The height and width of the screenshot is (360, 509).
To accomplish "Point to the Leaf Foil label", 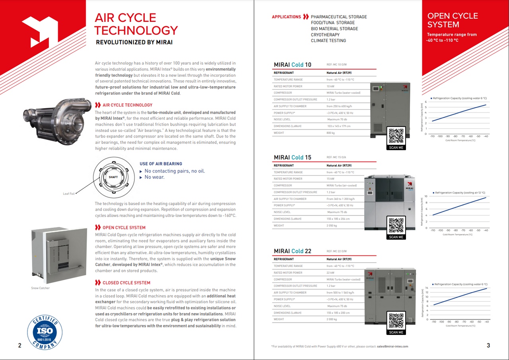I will (x=69, y=194).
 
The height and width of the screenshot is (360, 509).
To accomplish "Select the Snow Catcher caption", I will (x=41, y=288).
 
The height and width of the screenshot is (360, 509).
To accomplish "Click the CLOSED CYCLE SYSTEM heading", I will (x=126, y=283).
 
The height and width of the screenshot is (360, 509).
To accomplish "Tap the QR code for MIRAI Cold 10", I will (x=396, y=136).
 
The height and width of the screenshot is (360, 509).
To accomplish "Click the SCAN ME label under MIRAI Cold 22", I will (x=396, y=332).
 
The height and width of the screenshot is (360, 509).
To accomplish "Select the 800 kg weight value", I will (x=331, y=133).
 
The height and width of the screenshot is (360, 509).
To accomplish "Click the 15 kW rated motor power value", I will (x=331, y=179).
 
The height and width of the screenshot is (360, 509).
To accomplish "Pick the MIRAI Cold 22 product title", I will (x=292, y=251).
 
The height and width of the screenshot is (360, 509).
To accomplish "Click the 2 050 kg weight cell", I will (x=332, y=226).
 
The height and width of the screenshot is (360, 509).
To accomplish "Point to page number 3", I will (x=488, y=346).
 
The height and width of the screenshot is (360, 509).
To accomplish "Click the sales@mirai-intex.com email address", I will (x=392, y=346).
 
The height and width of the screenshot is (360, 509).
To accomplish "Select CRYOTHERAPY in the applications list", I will (x=325, y=35).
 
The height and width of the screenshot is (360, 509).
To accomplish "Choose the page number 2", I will (x=20, y=346).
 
